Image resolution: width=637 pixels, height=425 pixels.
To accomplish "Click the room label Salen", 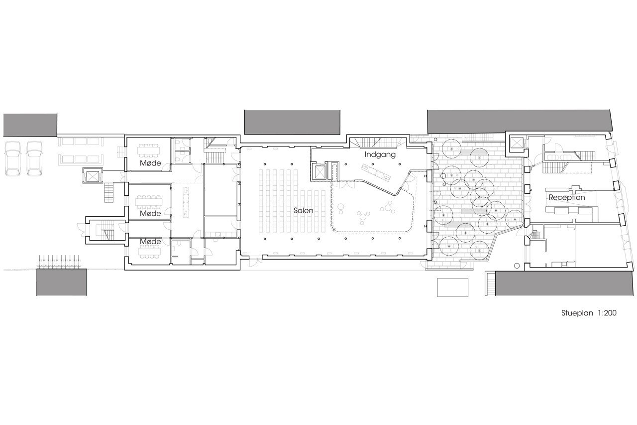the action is [304, 211].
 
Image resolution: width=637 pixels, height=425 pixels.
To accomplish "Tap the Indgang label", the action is [380, 155].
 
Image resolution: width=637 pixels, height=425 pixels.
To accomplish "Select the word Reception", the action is [567, 198].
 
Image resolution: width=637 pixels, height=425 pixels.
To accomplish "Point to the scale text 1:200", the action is [607, 313].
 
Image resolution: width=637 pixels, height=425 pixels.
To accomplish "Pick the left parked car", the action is [12, 158].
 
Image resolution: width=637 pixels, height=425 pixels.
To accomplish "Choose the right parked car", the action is [34, 158].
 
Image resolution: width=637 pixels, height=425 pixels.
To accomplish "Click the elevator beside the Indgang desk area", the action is [319, 172].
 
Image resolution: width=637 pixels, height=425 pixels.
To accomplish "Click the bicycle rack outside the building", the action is [59, 261].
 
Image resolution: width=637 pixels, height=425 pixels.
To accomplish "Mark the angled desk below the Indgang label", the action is [376, 172].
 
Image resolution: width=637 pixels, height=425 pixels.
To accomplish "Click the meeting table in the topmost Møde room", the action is [148, 149].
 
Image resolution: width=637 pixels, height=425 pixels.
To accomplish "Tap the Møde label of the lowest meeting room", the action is [150, 241].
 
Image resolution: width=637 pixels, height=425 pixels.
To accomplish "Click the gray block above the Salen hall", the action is [292, 123].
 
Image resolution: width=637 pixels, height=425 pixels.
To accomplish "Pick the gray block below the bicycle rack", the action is [62, 283].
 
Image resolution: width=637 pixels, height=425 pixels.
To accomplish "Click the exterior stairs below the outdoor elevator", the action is [109, 193].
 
